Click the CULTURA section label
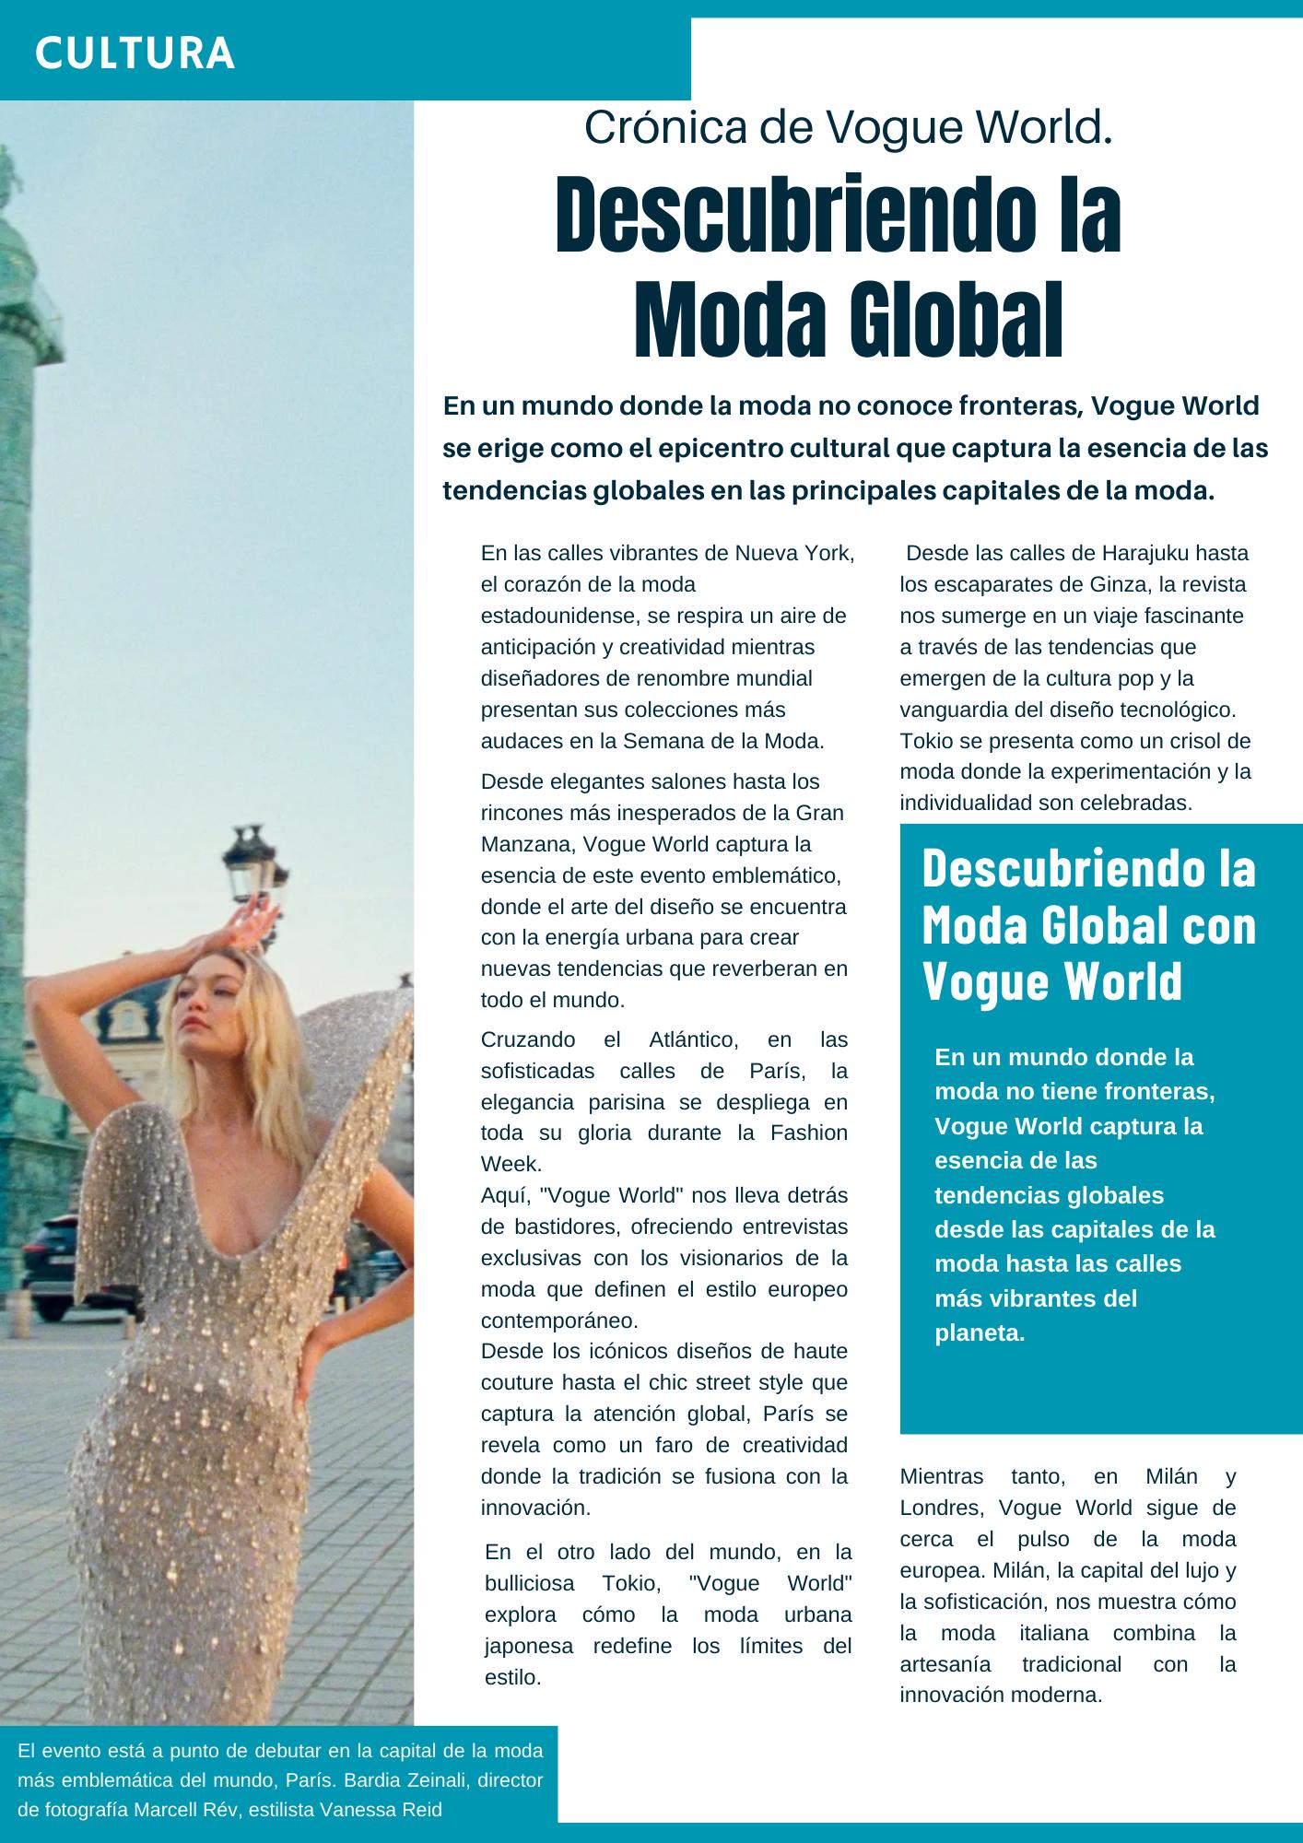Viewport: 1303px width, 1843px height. pyautogui.click(x=135, y=53)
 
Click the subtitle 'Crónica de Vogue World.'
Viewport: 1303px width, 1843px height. pyautogui.click(x=849, y=127)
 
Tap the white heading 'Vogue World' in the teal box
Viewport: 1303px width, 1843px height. pyautogui.click(x=1051, y=981)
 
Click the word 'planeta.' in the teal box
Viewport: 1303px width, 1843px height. pyautogui.click(x=980, y=1333)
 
